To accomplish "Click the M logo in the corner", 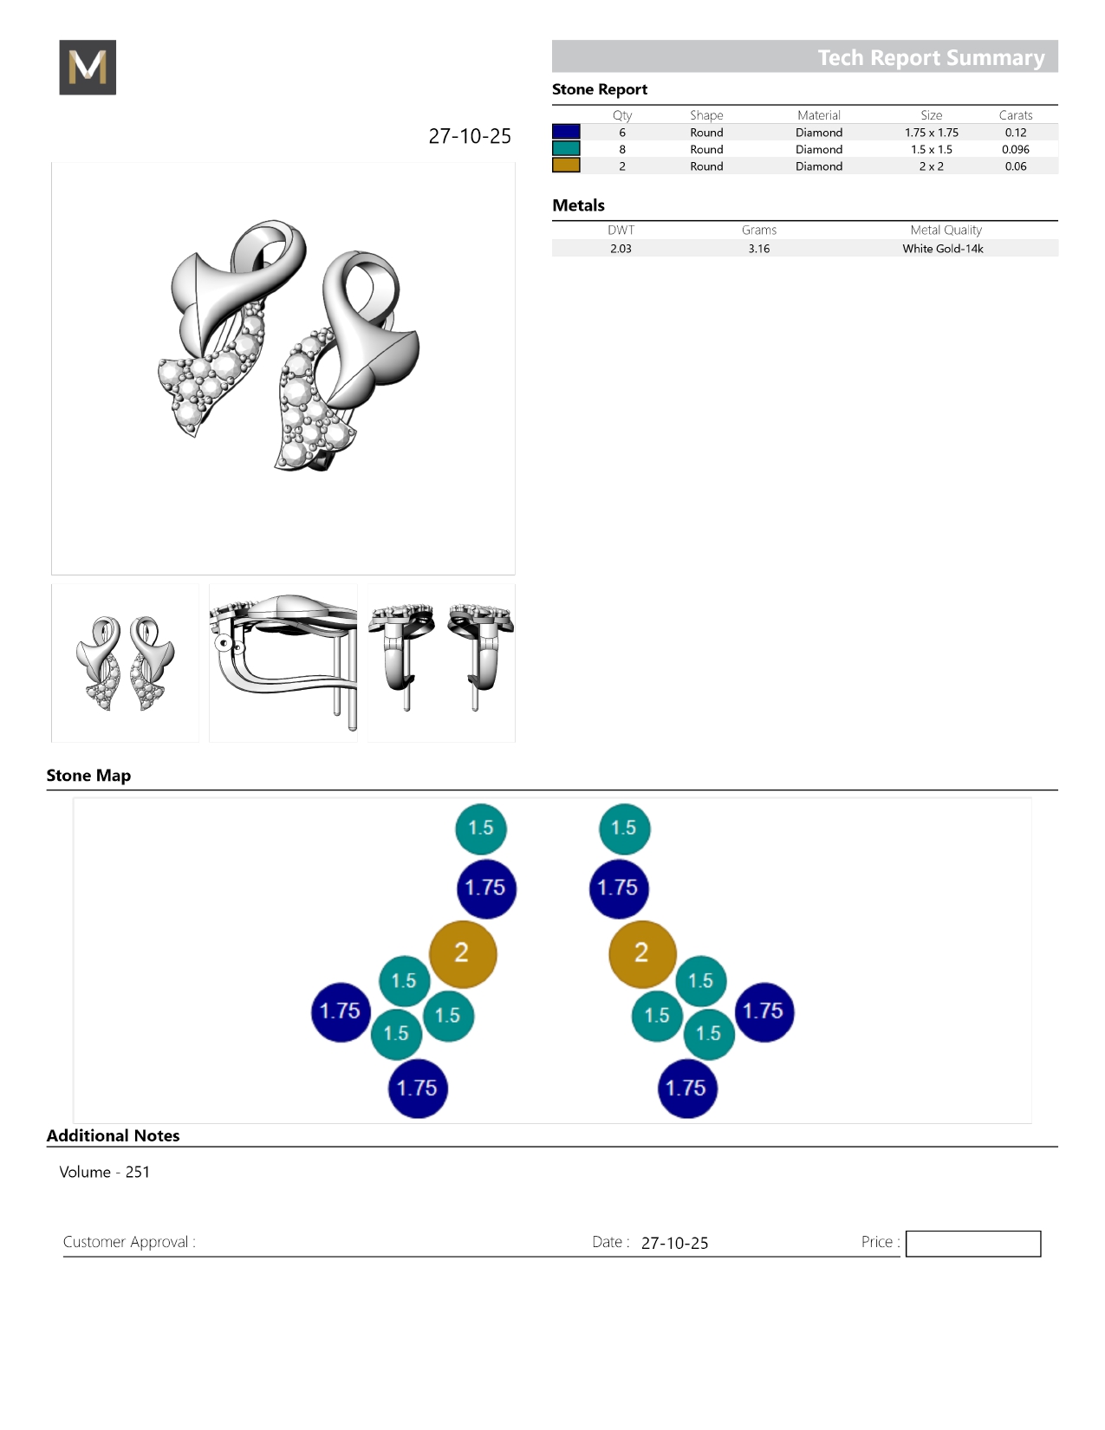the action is point(88,67).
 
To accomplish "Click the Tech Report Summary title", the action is point(931,58).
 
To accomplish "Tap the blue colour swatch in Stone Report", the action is point(566,132).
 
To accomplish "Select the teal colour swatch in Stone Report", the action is point(566,149).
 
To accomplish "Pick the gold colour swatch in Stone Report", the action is point(566,166).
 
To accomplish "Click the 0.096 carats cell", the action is point(1016,149).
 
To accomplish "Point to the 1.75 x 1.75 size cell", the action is point(932,133).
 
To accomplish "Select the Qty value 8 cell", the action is point(622,149).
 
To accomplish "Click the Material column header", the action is point(819,115).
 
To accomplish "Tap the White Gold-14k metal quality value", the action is point(942,249).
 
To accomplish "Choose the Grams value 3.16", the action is point(759,249).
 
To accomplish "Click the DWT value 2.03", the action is point(621,249).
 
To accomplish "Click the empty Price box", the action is point(972,1243).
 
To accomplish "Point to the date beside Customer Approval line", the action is point(674,1243).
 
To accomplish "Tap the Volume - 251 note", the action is point(105,1172).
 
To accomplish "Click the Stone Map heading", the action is point(89,775).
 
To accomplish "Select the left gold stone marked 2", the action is point(463,953).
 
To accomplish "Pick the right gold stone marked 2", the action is point(642,953).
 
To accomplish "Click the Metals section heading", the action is point(578,205).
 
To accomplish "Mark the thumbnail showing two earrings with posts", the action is point(441,663).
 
